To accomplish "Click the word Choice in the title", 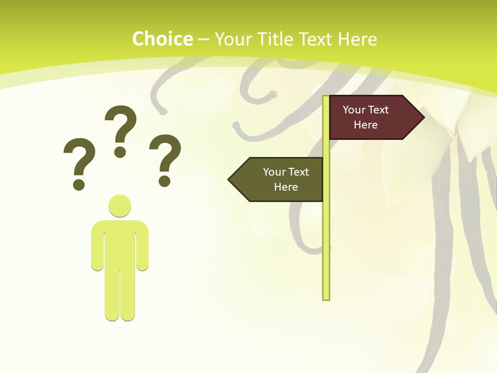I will pos(162,39).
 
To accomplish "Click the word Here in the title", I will pos(357,39).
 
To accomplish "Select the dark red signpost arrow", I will pos(373,117).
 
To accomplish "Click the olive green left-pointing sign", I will pos(280,179).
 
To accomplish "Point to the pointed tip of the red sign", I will pos(422,117).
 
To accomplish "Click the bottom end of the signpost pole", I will pos(326,297).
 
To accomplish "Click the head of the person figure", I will pos(120,206).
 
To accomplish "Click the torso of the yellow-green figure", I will pos(120,243).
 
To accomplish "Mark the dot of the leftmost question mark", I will pos(79,184).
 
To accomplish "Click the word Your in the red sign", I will pos(354,110).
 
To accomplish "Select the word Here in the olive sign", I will pos(286,187).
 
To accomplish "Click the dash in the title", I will pos(203,40).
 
